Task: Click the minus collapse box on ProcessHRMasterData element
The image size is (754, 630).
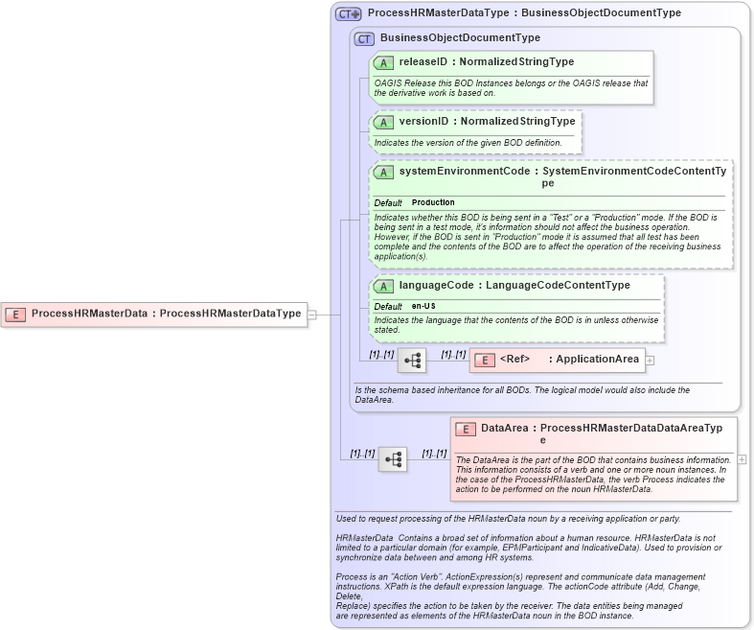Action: (x=311, y=314)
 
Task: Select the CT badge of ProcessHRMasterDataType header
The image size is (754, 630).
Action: (x=348, y=13)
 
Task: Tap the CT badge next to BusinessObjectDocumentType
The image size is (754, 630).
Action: (x=364, y=38)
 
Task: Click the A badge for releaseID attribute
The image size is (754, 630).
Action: (x=383, y=62)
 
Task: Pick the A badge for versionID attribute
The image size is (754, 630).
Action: (x=383, y=122)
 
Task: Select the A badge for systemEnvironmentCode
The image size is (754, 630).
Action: (x=383, y=172)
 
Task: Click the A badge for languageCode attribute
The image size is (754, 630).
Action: (x=383, y=286)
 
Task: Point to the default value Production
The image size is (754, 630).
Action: (x=433, y=203)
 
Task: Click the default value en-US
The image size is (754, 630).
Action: (x=423, y=306)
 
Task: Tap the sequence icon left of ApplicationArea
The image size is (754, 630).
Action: (x=412, y=361)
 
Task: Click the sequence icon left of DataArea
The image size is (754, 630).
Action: (x=393, y=459)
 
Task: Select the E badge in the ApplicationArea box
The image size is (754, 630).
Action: (x=485, y=360)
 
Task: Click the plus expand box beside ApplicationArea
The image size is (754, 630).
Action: (x=650, y=361)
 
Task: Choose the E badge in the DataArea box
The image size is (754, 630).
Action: (x=466, y=429)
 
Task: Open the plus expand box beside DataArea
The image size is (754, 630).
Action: (x=742, y=459)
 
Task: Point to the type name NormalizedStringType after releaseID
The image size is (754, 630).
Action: (x=518, y=62)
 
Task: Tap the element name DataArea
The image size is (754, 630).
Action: (x=505, y=429)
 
